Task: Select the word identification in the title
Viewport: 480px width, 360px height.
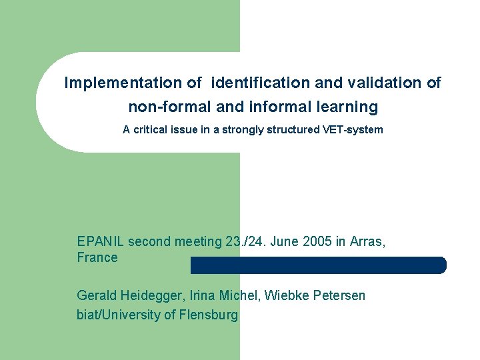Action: (x=261, y=83)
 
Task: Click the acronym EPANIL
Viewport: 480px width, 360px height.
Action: (x=100, y=242)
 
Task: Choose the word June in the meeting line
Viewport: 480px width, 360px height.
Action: (x=284, y=242)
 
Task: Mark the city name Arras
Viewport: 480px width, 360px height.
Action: (x=365, y=242)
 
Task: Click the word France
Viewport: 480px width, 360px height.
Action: (x=97, y=258)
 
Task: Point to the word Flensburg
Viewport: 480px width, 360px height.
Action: (x=209, y=315)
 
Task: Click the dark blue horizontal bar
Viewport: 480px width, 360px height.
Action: (x=319, y=265)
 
